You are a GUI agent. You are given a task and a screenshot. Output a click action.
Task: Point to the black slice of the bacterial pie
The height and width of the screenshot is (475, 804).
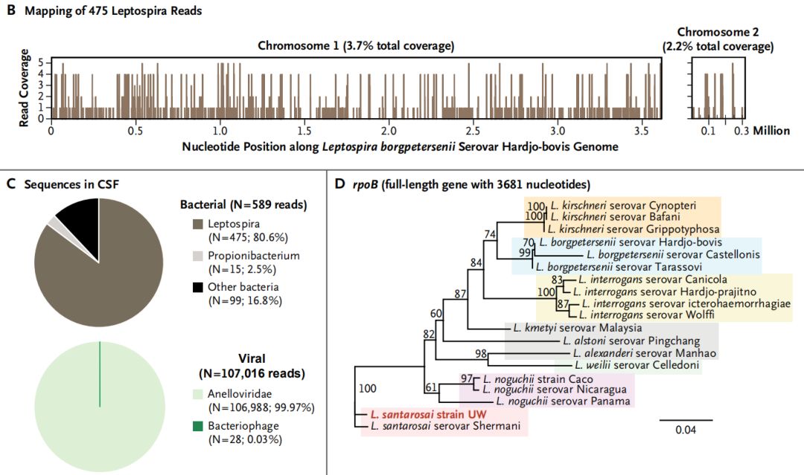click(78, 216)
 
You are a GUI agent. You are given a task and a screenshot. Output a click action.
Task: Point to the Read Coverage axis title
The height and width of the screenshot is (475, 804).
click(25, 88)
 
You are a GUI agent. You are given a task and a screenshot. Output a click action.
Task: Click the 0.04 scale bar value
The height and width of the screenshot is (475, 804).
click(686, 430)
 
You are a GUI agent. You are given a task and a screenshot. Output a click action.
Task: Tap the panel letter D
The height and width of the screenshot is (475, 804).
click(339, 184)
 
